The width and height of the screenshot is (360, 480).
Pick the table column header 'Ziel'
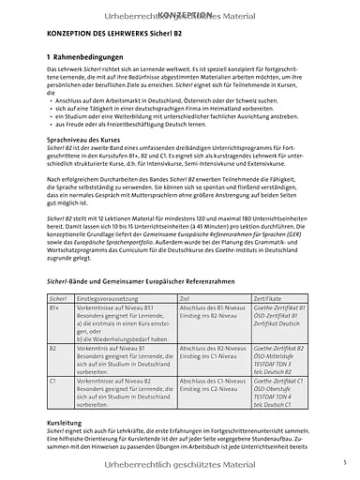[x=184, y=295]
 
